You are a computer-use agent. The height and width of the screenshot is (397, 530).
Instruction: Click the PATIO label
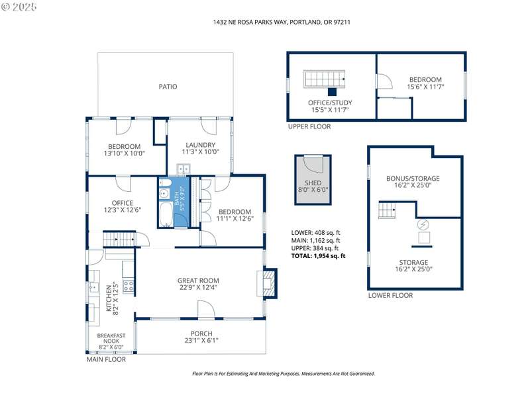tap(168, 87)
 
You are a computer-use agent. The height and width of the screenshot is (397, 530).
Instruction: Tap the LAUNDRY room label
tap(201, 145)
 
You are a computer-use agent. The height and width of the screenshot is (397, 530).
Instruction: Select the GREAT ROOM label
tap(198, 281)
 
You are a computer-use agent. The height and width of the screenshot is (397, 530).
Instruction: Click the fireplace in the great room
tap(269, 284)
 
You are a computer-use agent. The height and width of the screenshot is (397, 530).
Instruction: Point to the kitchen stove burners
tap(129, 287)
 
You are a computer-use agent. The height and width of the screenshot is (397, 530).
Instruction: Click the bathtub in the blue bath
tap(166, 214)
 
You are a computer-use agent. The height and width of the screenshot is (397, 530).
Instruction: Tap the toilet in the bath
tap(164, 183)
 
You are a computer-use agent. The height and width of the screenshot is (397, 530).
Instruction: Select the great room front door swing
tap(206, 309)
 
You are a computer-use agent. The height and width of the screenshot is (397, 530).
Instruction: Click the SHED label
tap(313, 183)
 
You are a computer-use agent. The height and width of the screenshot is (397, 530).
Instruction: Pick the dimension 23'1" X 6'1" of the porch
tap(201, 340)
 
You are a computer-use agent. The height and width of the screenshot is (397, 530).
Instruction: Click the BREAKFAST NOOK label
tap(111, 338)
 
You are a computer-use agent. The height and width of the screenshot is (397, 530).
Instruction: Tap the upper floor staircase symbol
tap(324, 79)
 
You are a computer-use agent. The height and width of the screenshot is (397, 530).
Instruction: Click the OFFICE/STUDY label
tap(330, 103)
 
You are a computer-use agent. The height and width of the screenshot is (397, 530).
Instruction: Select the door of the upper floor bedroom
tap(385, 81)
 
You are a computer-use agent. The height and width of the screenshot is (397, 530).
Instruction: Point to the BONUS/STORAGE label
tap(413, 178)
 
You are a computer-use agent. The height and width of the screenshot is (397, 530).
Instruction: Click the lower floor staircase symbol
tap(387, 210)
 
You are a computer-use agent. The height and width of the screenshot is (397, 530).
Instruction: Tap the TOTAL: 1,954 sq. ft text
tap(319, 256)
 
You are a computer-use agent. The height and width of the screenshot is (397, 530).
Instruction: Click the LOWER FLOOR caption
tap(390, 295)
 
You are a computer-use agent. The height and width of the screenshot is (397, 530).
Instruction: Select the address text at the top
tap(282, 22)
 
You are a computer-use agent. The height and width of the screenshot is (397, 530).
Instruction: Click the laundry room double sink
tap(184, 168)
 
